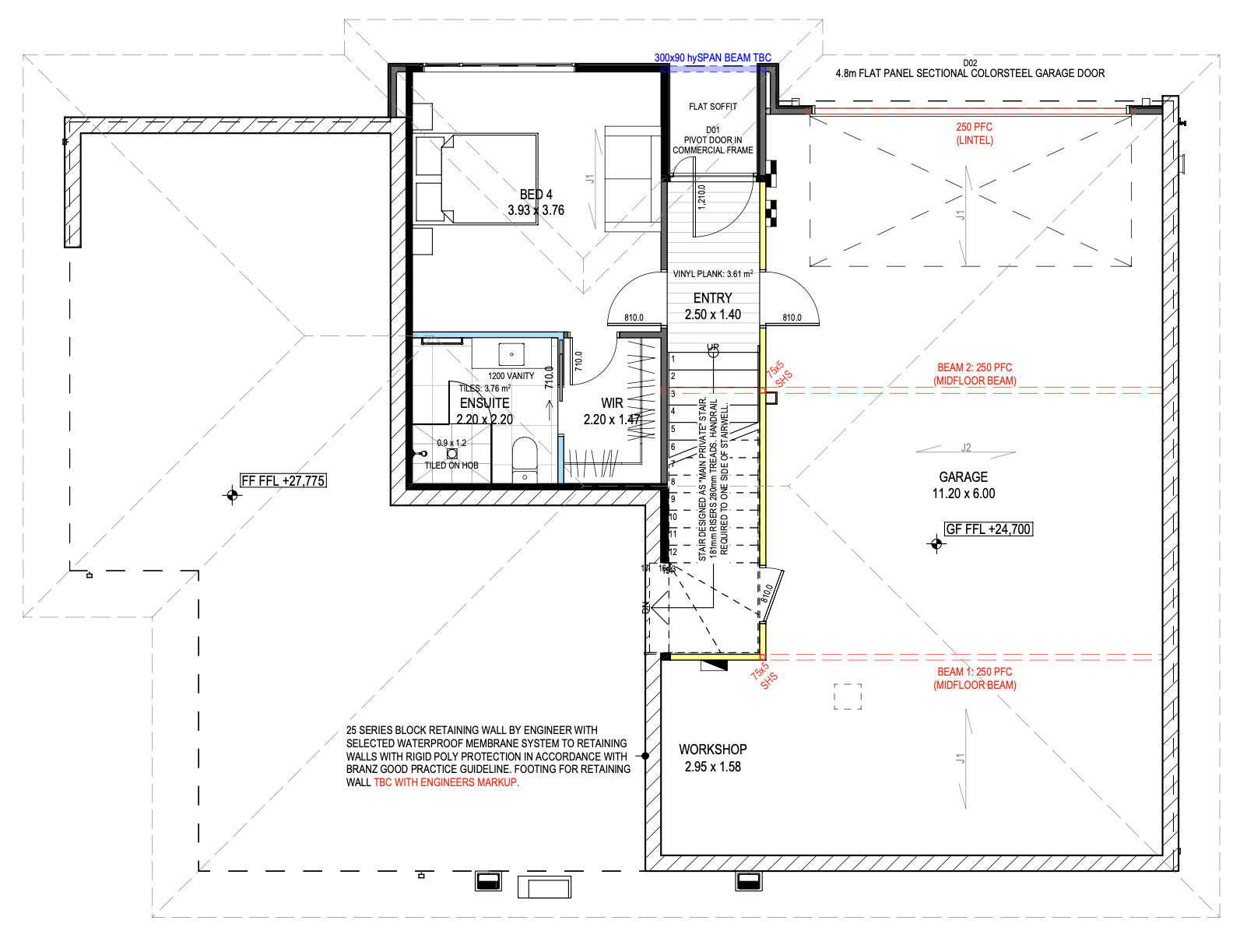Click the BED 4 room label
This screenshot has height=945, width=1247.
coord(536,202)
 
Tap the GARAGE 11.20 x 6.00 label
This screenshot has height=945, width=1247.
coord(963,485)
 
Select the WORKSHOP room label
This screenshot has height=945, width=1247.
coord(712,757)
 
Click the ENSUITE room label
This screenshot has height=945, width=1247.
coord(484,411)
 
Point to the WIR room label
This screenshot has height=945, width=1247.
coord(612,411)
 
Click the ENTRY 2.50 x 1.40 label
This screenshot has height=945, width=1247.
coord(712,306)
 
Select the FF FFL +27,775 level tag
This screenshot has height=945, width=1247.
coord(283,481)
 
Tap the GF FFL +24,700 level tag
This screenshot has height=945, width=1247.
coord(988,529)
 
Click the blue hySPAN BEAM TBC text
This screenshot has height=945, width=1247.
coord(712,58)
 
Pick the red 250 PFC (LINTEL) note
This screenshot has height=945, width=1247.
coord(975,133)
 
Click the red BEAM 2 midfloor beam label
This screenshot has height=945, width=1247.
coord(975,374)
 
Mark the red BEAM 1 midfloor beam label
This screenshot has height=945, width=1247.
coord(975,678)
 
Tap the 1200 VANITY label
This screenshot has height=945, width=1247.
coord(511,376)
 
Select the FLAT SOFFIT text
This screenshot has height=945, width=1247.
coord(712,107)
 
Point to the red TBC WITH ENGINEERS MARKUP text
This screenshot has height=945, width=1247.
coord(446,782)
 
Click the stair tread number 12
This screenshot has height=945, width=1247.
coord(673,551)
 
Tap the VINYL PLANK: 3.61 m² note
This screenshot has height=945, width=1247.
coord(712,274)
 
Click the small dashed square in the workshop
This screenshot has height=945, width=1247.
coord(848,697)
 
